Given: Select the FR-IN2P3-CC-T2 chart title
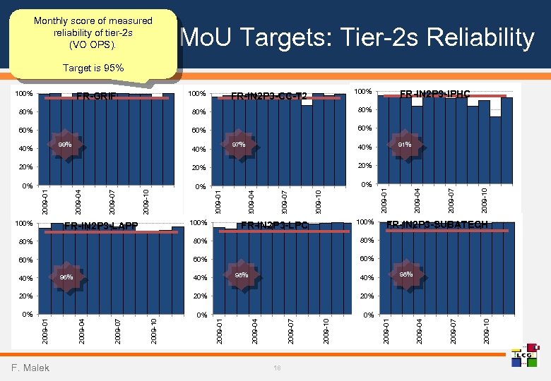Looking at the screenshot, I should pyautogui.click(x=269, y=97).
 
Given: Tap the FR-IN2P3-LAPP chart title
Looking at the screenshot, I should pyautogui.click(x=100, y=226).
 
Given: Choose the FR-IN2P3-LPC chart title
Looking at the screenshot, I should pyautogui.click(x=275, y=226).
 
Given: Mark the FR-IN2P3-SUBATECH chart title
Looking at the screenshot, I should pyautogui.click(x=447, y=224).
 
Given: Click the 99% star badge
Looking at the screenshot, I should pyautogui.click(x=65, y=145).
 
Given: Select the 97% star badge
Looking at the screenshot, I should pyautogui.click(x=238, y=145).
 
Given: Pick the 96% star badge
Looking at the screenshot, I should pyautogui.click(x=66, y=277).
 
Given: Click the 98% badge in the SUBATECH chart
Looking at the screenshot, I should pyautogui.click(x=406, y=274).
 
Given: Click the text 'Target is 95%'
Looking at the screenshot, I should pyautogui.click(x=93, y=68).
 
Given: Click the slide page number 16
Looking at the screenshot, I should pyautogui.click(x=277, y=368).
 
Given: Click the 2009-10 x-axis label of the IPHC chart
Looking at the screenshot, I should pyautogui.click(x=485, y=198).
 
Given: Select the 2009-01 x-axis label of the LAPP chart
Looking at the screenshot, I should pyautogui.click(x=45, y=331).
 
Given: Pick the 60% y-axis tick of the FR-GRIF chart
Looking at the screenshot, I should pyautogui.click(x=25, y=130).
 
